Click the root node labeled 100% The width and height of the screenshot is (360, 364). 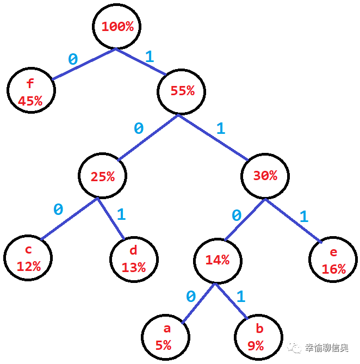117,27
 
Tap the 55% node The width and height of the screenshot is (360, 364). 182,91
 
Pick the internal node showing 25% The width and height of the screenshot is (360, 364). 102,176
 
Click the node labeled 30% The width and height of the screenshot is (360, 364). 265,176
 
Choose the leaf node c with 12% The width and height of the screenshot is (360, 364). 29,258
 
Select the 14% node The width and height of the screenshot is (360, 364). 217,260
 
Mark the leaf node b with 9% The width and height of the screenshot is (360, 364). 259,337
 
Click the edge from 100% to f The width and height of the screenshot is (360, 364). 84,64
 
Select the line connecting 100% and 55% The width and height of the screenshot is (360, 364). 140,61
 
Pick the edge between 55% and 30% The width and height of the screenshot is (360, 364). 213,138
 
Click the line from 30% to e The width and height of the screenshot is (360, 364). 291,219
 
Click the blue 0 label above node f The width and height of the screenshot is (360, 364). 72,59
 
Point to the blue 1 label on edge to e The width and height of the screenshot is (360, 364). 303,217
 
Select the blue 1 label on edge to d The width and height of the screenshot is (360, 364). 121,214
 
